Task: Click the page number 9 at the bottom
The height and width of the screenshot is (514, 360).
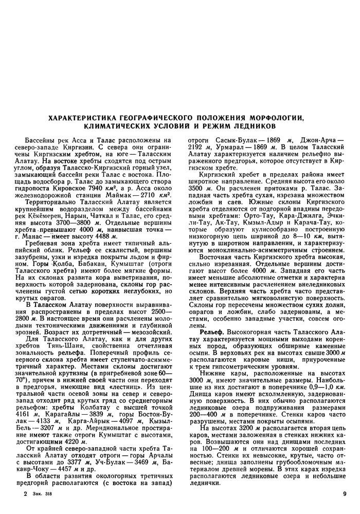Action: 344,494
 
